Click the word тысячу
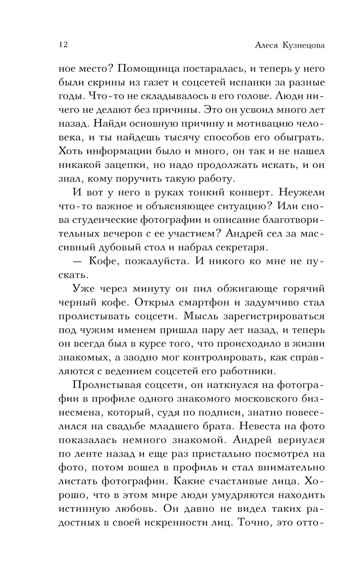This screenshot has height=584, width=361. [182, 138]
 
